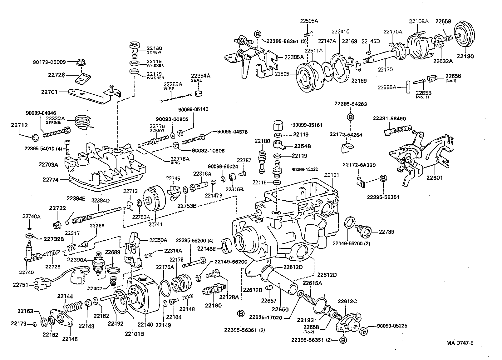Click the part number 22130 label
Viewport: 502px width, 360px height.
click(x=465, y=57)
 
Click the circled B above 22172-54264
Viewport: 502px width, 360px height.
click(x=351, y=117)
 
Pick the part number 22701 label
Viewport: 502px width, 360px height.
click(x=50, y=92)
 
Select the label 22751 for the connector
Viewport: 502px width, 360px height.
click(x=21, y=285)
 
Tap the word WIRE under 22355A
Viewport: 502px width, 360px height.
click(x=169, y=89)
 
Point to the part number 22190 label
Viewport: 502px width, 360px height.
click(x=213, y=305)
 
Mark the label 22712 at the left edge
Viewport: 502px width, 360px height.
click(x=19, y=125)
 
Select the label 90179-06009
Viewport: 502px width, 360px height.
click(x=49, y=62)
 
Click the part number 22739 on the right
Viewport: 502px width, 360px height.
click(x=386, y=232)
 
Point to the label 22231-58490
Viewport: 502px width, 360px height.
click(x=389, y=118)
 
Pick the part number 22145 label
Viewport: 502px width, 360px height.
click(x=70, y=339)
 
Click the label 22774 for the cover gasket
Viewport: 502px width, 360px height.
click(x=50, y=180)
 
